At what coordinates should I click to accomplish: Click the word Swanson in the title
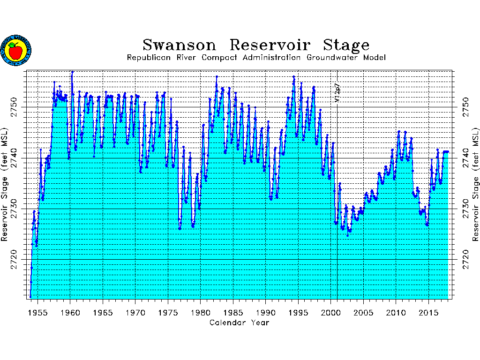tap(180, 45)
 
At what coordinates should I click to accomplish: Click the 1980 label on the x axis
tap(200, 313)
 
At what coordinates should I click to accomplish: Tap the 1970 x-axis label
tap(135, 313)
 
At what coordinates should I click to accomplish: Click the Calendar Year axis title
tap(239, 322)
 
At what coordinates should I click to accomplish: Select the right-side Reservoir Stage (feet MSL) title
tap(475, 184)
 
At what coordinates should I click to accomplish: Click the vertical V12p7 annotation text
tap(337, 93)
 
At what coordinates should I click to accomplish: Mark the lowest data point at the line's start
tap(30, 297)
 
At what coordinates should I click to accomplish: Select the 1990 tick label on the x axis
tap(265, 313)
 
